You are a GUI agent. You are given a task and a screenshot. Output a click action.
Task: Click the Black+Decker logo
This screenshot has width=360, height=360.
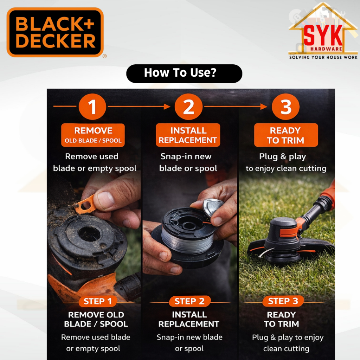click(55, 32)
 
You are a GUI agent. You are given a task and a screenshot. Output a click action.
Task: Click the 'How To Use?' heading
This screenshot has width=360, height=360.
click(180, 73)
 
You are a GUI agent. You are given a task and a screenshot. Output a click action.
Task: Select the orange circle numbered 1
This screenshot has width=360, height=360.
click(92, 107)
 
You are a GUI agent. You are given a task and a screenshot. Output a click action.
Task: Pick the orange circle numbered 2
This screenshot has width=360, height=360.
click(188, 107)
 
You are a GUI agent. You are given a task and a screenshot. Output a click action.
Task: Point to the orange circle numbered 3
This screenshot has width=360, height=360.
click(285, 107)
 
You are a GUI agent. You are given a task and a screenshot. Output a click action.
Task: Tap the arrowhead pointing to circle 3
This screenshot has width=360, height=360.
click(264, 107)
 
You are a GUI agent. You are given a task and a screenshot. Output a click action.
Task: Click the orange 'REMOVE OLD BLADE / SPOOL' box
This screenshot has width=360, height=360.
click(93, 135)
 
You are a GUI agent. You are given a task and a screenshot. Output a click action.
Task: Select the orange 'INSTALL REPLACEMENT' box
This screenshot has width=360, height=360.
click(188, 135)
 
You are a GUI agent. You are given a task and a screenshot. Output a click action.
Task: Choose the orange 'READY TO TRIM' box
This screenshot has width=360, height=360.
click(286, 135)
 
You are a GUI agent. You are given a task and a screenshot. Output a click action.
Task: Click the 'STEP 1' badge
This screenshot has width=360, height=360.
click(98, 301)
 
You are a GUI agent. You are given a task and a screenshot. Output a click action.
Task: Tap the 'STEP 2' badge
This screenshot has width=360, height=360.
click(189, 301)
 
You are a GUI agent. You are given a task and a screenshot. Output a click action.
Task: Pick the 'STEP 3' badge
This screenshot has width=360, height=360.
click(283, 301)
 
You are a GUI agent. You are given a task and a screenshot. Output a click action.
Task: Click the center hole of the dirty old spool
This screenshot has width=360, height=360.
click(89, 234)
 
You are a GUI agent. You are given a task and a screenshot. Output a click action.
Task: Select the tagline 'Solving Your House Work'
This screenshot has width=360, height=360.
click(323, 57)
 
